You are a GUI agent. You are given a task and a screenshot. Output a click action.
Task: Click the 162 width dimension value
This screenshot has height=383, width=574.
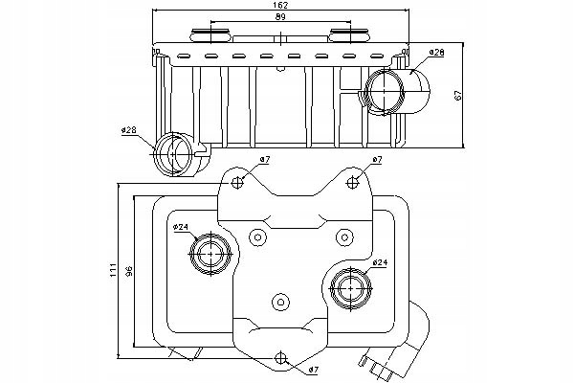[x=280, y=5]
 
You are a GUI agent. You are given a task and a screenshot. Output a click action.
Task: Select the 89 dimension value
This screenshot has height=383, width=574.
[x=280, y=16]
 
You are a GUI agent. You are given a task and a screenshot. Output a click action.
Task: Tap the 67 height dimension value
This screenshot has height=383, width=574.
[x=458, y=96]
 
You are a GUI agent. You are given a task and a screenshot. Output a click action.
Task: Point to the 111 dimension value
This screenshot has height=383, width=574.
[x=113, y=270]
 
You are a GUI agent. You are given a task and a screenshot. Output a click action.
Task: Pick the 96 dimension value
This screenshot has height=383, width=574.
[x=128, y=271]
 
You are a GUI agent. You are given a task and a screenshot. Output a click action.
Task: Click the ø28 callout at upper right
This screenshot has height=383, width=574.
[x=436, y=53]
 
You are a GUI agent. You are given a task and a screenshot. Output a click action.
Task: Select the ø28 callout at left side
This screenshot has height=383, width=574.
[x=129, y=130]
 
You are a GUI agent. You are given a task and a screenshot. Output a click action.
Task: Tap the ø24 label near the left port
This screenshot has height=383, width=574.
[x=181, y=227]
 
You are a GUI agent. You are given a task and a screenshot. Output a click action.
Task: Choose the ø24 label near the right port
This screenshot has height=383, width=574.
[x=380, y=262]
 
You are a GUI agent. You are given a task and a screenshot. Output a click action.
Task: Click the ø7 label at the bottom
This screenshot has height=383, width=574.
[x=313, y=371]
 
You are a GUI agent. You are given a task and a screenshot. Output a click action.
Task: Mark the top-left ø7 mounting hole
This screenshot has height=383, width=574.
[x=237, y=182]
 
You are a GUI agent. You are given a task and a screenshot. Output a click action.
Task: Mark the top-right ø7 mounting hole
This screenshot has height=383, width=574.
[x=352, y=182]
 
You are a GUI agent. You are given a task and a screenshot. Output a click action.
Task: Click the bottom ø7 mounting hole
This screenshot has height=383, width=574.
[x=280, y=358]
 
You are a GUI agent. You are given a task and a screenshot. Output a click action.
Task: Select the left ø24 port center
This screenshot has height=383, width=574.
[x=211, y=254]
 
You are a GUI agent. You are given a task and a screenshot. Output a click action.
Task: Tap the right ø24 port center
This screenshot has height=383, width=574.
[x=351, y=289]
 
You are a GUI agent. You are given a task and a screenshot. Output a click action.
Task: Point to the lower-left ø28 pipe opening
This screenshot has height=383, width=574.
[x=172, y=154]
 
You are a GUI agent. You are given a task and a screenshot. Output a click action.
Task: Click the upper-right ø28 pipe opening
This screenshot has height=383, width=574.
[x=385, y=91]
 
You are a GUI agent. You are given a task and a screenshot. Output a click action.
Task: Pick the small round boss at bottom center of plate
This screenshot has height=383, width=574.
[x=281, y=303]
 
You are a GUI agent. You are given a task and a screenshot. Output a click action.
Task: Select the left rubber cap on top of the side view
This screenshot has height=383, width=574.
[x=210, y=35]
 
